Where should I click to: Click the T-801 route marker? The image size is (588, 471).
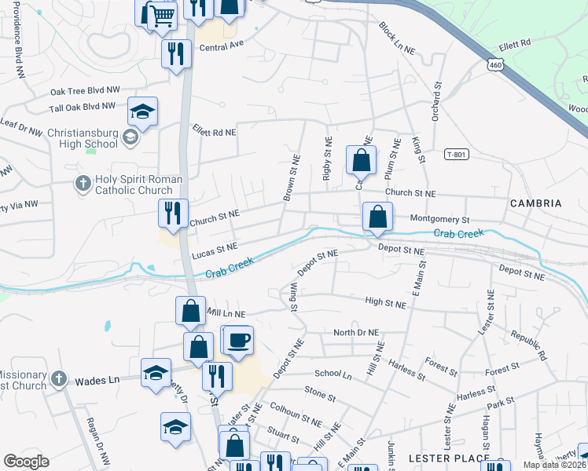456,154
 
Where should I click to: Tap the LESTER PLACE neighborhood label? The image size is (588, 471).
444,458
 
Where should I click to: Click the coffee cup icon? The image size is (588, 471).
239,340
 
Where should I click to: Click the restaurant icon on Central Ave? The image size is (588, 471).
175,54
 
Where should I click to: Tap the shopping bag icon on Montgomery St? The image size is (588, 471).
377,217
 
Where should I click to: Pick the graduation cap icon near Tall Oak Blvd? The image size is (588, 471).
142,112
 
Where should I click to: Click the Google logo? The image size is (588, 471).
26,462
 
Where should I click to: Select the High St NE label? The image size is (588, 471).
386,302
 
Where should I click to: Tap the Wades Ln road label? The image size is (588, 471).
97,380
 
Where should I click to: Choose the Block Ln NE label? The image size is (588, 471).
396,38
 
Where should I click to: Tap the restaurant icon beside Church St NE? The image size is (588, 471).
170,213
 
